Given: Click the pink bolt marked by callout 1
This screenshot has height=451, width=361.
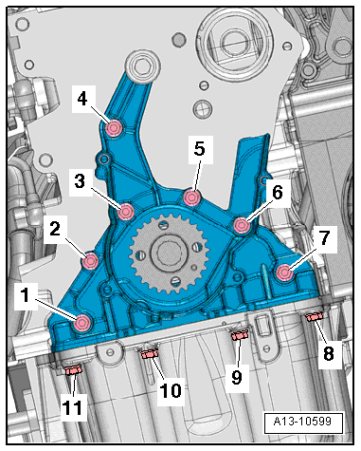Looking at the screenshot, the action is [x=82, y=322].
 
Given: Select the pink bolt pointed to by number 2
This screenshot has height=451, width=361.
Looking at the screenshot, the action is [x=90, y=261].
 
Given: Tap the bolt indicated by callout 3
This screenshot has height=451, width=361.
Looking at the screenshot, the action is [x=125, y=212].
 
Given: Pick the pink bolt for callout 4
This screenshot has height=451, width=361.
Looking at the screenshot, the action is [x=114, y=128].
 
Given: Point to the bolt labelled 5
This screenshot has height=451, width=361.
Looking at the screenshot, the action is [x=192, y=197].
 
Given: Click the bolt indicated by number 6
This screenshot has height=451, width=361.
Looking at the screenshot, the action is [x=242, y=225].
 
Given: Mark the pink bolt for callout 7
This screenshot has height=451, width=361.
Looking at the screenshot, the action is [x=283, y=272].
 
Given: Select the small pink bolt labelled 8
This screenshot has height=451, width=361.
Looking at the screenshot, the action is [x=314, y=316].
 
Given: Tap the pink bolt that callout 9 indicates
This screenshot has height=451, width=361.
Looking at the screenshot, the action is [x=239, y=335].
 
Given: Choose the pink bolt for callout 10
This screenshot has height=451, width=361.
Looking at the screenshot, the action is [x=150, y=353].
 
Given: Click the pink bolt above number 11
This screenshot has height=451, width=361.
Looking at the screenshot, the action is [x=74, y=369].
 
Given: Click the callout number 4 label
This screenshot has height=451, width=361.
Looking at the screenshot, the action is [x=82, y=99].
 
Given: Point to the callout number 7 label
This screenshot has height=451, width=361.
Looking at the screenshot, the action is [x=324, y=238].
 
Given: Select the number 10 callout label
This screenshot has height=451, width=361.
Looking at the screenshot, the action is [x=171, y=390].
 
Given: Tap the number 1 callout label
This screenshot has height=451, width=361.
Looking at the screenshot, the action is [x=26, y=295].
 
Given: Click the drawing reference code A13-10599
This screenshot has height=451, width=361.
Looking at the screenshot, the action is [x=302, y=422].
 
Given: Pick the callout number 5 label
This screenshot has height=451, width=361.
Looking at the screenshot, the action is [x=199, y=148].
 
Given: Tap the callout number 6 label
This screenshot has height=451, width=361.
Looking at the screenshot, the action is [x=278, y=193].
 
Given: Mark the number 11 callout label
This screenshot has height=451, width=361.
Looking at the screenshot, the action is [x=74, y=407].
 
